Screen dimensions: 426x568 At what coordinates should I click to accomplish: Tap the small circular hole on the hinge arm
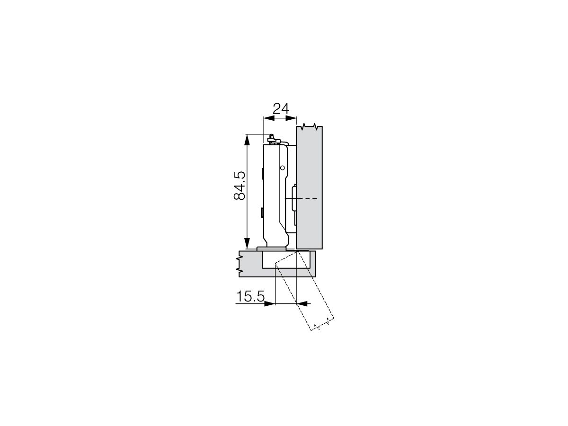tap(282, 168)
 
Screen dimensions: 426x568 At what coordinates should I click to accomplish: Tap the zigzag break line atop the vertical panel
tap(309, 127)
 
